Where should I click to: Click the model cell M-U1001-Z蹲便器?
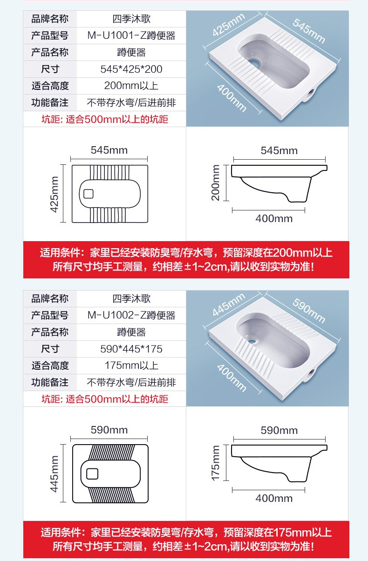pos(131,35)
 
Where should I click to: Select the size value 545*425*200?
pos(131,69)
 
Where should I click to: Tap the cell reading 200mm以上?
pos(131,86)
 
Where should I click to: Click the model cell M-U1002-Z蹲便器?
pos(131,315)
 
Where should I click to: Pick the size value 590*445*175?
pos(131,349)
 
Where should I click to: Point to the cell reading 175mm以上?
pos(131,365)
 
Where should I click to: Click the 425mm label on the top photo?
pos(228,25)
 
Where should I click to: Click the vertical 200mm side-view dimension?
pos(215,183)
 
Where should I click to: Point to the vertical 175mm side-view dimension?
pos(215,463)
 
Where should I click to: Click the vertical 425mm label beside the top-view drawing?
pos(55,194)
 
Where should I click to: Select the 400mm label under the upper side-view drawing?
pos(273,218)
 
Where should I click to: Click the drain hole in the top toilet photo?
pos(255,62)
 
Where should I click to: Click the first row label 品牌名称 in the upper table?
pos(50,19)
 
